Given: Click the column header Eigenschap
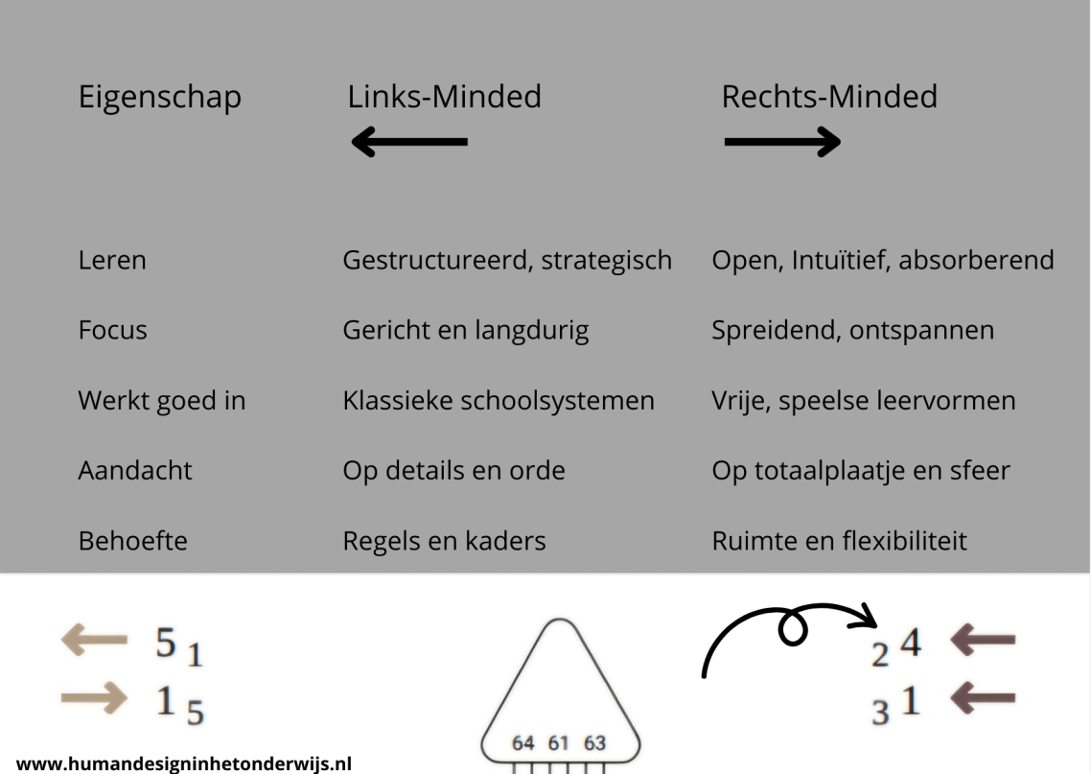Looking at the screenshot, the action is (159, 98).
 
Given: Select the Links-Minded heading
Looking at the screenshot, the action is (444, 97).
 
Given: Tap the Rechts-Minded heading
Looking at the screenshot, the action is (829, 97).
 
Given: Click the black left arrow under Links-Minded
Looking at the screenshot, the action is (409, 142).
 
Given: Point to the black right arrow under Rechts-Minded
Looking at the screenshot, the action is (782, 142).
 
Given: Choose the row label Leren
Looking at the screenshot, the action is (112, 260).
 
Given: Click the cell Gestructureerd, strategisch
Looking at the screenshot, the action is (507, 261).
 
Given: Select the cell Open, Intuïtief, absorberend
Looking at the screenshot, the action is (882, 260).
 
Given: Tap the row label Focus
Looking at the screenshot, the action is (113, 330).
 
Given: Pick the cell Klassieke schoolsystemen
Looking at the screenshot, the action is (499, 401).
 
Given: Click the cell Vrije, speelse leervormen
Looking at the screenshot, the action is (864, 401).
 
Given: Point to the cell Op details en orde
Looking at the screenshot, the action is (453, 471).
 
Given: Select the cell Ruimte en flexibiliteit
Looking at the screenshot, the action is (839, 541).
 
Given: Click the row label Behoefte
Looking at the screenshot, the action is (133, 541).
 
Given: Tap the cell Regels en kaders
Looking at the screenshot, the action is (444, 541).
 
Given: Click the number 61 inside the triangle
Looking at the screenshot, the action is (558, 743).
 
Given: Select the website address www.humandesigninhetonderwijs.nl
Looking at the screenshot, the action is (184, 764).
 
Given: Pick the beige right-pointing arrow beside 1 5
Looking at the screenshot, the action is (94, 698).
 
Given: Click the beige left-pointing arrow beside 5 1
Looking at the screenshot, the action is (94, 640).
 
